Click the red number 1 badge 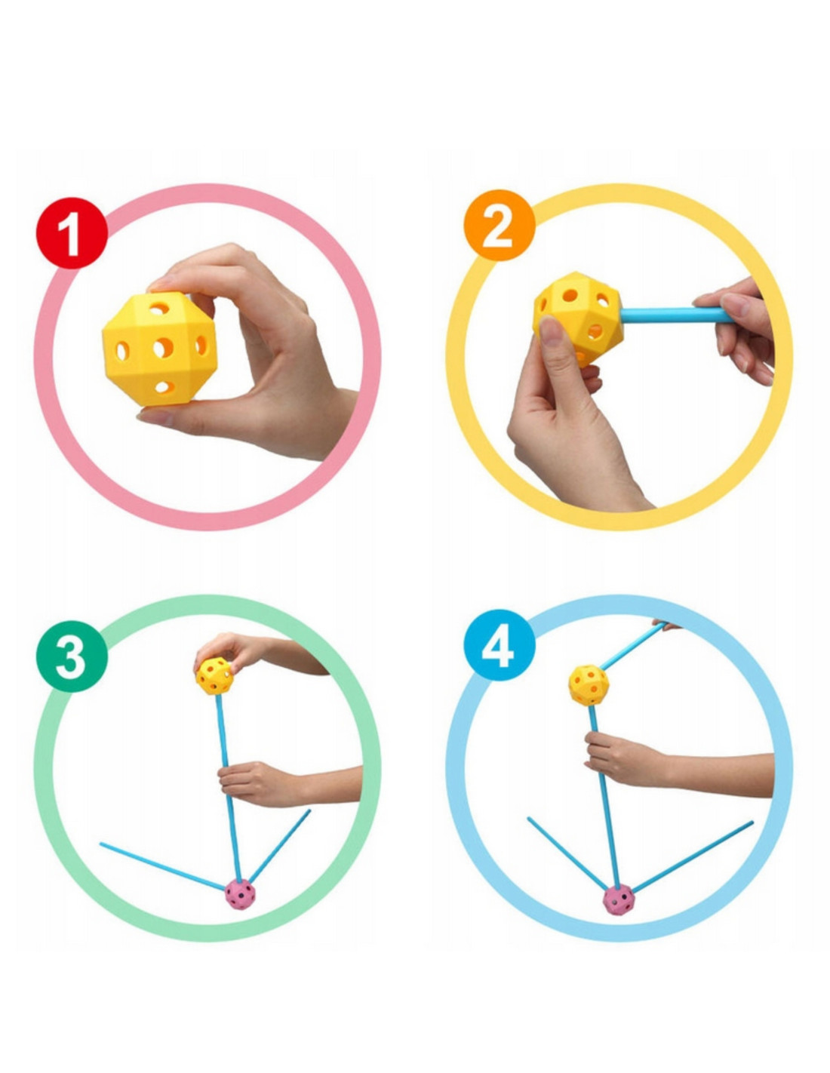tap(72, 233)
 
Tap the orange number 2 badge tap(500, 226)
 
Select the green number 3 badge tap(72, 656)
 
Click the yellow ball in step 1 tap(159, 349)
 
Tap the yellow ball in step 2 tap(578, 318)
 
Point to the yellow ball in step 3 tap(214, 675)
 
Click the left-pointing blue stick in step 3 tap(162, 866)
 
